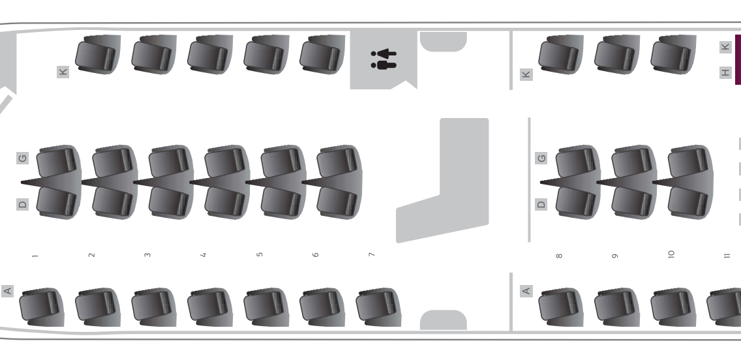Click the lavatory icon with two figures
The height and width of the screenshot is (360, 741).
click(x=384, y=59)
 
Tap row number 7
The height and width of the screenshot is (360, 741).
click(x=371, y=254)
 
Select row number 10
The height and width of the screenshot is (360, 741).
click(x=671, y=254)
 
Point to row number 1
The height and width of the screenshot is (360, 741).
click(x=35, y=256)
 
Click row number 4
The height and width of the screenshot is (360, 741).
click(x=204, y=255)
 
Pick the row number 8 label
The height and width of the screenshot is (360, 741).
click(x=559, y=256)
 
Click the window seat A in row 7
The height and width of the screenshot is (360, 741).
click(x=378, y=307)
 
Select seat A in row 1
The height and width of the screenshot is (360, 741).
click(x=41, y=307)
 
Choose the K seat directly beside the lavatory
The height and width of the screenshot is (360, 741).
click(x=322, y=54)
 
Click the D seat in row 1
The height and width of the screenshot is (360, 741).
click(x=57, y=202)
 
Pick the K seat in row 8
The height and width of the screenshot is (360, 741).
click(x=561, y=54)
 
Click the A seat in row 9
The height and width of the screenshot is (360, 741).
click(x=617, y=307)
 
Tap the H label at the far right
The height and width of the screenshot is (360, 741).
click(x=725, y=72)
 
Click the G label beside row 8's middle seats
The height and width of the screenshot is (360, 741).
click(x=541, y=158)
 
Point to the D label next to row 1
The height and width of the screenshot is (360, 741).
click(x=22, y=204)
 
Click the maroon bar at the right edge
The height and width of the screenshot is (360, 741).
click(x=738, y=59)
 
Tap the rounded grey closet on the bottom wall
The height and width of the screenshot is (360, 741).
click(x=444, y=320)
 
